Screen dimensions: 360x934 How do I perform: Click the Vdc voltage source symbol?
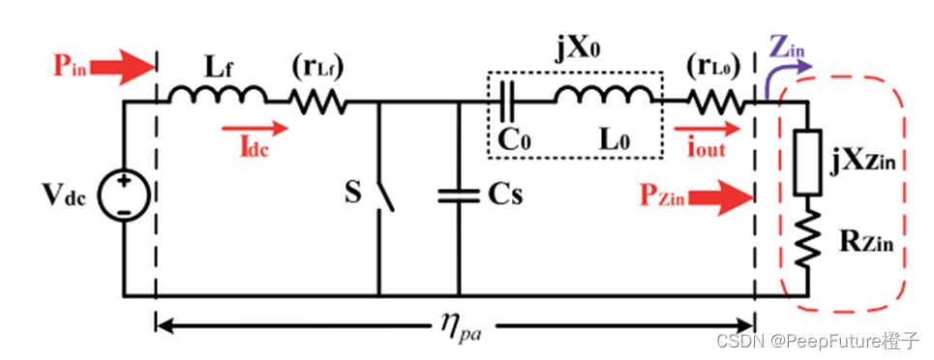(x=126, y=190)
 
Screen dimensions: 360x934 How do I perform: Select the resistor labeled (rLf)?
(x=317, y=101)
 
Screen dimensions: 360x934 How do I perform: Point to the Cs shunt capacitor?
(x=459, y=195)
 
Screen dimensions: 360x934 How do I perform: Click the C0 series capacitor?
(x=511, y=100)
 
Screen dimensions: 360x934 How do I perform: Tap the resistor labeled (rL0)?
(x=716, y=101)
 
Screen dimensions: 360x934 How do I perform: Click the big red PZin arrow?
(x=722, y=199)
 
